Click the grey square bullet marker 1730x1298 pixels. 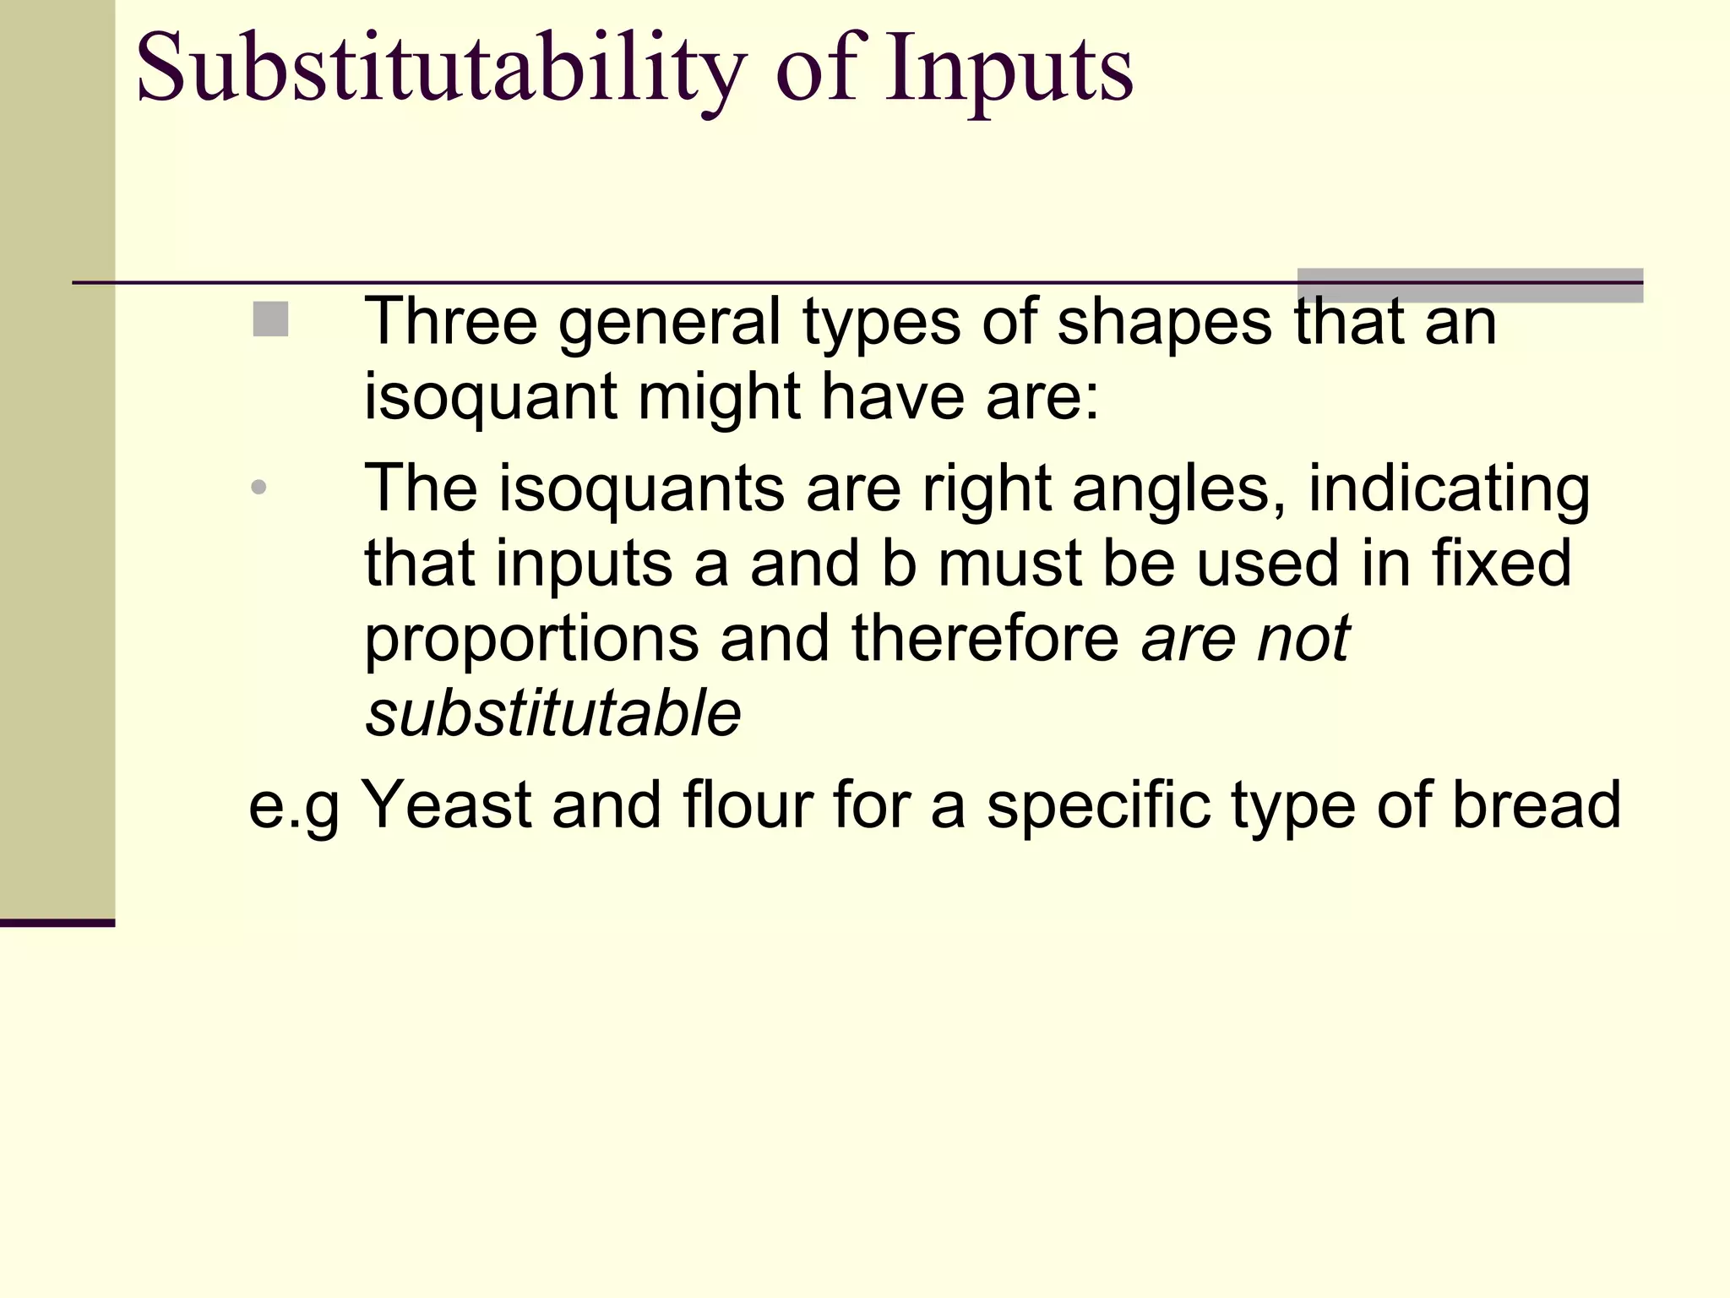pyautogui.click(x=270, y=319)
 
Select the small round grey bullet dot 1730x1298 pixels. pyautogui.click(x=259, y=487)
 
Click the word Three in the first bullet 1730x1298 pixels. pyautogui.click(x=450, y=321)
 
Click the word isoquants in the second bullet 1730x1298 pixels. pyautogui.click(x=642, y=488)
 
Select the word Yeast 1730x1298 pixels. pyautogui.click(x=446, y=804)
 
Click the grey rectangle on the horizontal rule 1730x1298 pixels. pyautogui.click(x=1470, y=285)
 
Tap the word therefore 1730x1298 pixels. pyautogui.click(x=985, y=639)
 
